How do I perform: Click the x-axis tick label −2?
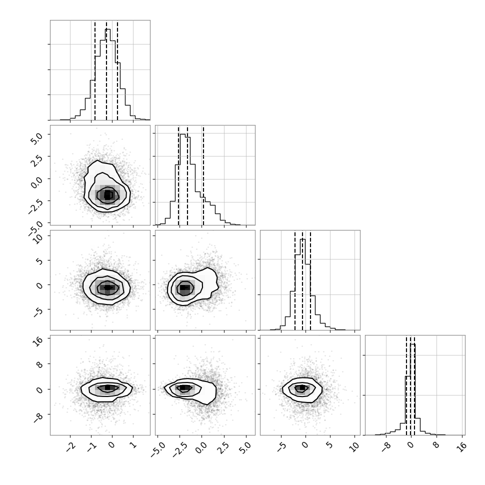coord(71,445)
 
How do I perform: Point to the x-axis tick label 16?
coord(461,446)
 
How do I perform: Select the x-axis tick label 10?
coord(355,446)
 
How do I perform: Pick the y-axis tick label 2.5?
coord(37,160)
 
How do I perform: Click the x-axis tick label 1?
coord(133,445)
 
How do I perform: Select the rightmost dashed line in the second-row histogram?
coord(203,175)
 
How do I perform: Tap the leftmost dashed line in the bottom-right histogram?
coord(406,385)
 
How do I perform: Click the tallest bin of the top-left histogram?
coord(107,74)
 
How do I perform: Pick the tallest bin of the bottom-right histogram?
coord(412,389)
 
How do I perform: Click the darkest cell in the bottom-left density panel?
coord(107,387)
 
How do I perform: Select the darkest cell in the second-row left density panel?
coord(107,195)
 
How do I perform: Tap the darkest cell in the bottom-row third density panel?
coord(302,387)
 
